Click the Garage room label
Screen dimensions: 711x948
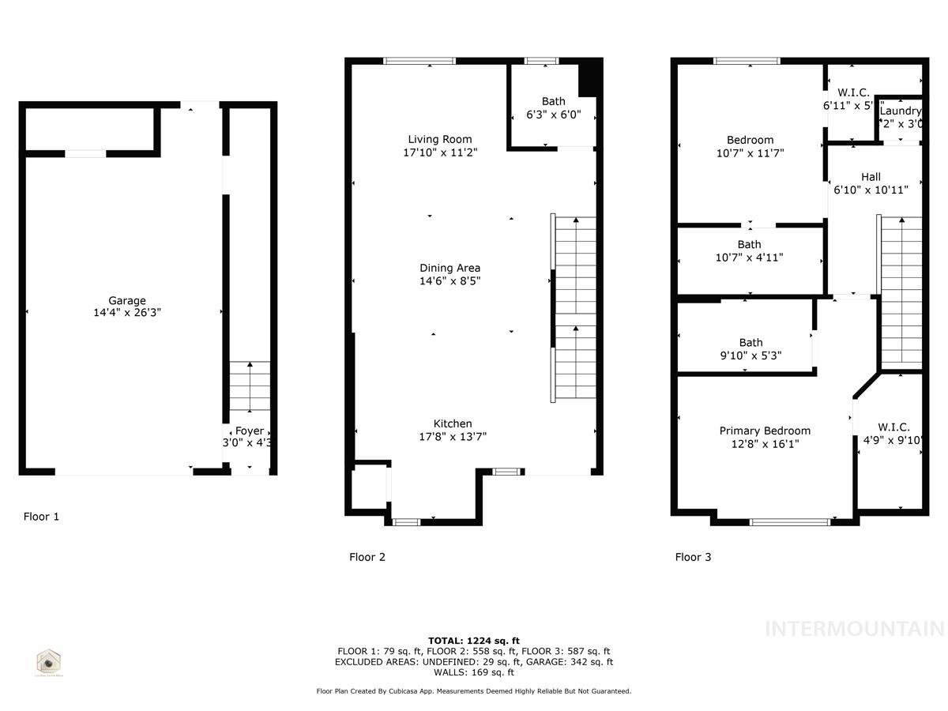[x=127, y=301]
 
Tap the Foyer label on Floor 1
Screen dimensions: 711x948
[x=250, y=431]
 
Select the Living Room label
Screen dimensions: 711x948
[x=440, y=140]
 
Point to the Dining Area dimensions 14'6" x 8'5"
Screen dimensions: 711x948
[x=450, y=280]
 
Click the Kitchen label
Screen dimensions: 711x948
[x=453, y=424]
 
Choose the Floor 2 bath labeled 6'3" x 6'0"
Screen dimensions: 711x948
[x=553, y=107]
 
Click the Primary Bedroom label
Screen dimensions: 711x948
[x=765, y=431]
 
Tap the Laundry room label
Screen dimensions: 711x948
[x=901, y=111]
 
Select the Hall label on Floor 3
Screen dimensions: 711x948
[x=871, y=177]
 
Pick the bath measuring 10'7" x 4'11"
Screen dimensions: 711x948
[x=749, y=251]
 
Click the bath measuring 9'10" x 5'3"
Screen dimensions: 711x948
[x=750, y=349]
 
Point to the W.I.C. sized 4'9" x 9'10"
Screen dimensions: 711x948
[x=893, y=434]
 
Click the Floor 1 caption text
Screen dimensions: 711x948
[x=41, y=517]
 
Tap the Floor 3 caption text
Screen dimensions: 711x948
[x=693, y=557]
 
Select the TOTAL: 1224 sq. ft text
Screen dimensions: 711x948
[x=474, y=641]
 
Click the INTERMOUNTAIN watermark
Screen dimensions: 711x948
[x=854, y=629]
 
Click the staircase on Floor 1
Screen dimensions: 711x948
[x=250, y=387]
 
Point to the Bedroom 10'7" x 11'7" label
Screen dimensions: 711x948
[x=750, y=147]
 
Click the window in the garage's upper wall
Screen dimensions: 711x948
[x=85, y=154]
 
